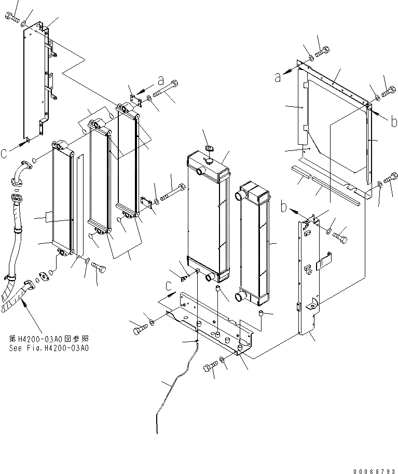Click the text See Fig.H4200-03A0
coord(49,348)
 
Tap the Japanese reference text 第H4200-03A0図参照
coord(49,338)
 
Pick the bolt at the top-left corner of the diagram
coord(12,19)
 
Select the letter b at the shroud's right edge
coord(395,122)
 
